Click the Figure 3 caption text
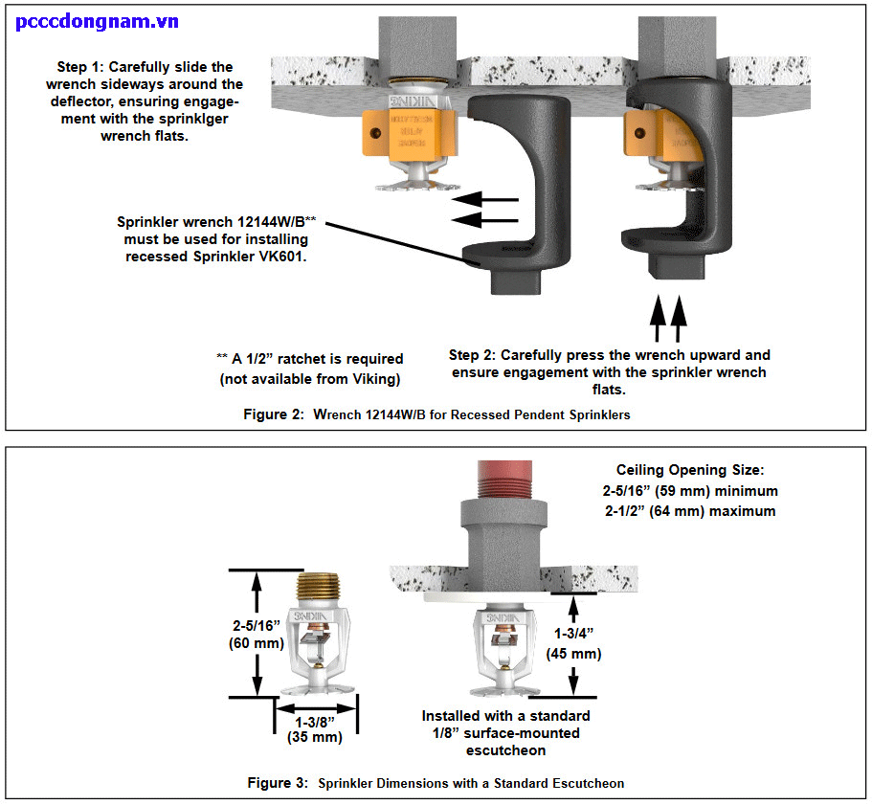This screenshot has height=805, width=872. coord(436,783)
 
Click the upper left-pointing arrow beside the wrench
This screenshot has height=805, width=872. coord(486,200)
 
